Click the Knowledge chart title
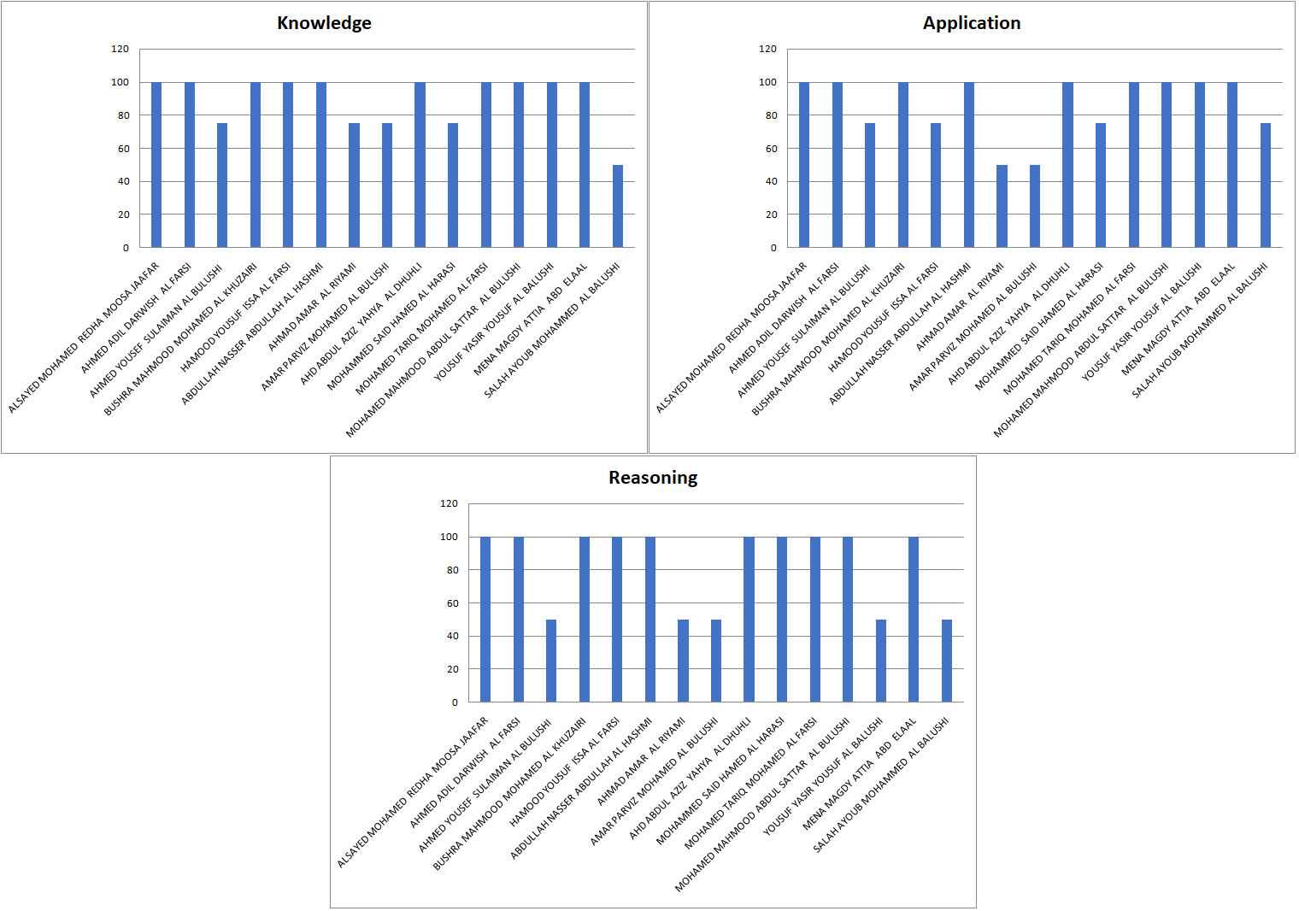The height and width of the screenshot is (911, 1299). [x=324, y=23]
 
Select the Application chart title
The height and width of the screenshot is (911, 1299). [x=972, y=23]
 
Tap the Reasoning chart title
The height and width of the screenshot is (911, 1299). [x=653, y=478]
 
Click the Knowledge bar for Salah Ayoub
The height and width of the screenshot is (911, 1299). [x=618, y=206]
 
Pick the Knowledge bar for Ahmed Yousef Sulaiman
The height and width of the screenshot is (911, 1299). [x=222, y=185]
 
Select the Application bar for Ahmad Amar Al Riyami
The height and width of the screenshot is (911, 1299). [x=1002, y=206]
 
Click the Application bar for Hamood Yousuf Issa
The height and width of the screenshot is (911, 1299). [x=936, y=185]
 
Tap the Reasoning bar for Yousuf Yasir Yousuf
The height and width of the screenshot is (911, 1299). [x=881, y=661]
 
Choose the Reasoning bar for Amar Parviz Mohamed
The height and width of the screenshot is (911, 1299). [x=716, y=661]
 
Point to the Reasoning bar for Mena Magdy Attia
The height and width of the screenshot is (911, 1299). [x=914, y=620]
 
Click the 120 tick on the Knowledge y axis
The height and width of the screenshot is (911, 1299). [x=120, y=50]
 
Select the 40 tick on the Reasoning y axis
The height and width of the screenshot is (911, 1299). [x=452, y=636]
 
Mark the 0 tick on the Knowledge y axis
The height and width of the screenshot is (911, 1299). [x=126, y=248]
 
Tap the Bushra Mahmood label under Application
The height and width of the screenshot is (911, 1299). [x=827, y=340]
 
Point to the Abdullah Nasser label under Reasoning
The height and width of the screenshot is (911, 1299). [x=581, y=789]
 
